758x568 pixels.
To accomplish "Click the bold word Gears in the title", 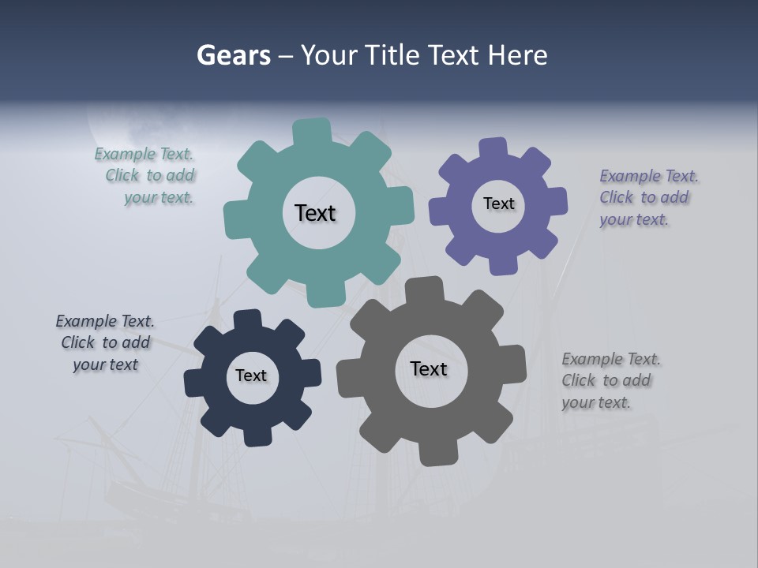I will [233, 55].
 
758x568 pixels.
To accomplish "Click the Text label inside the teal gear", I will [315, 213].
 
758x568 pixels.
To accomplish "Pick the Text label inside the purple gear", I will [498, 204].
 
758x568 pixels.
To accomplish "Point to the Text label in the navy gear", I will [251, 376].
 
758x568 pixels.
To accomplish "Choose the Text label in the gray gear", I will [429, 368].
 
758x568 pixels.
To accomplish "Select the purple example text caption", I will [647, 198].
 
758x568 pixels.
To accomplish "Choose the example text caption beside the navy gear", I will [105, 343].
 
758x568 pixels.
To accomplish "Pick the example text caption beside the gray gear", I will [610, 381].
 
